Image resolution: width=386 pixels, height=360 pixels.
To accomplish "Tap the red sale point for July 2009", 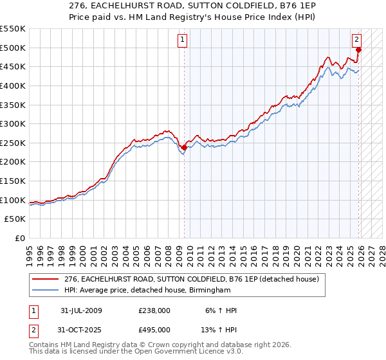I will [184, 147].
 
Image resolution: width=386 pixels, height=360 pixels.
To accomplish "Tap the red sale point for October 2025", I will [359, 50].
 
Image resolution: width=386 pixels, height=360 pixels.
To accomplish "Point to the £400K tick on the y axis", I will [14, 85].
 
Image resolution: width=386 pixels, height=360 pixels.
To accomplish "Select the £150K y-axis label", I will [14, 181].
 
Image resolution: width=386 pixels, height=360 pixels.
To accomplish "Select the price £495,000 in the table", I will [154, 329].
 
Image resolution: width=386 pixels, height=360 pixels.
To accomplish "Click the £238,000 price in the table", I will [154, 310].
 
